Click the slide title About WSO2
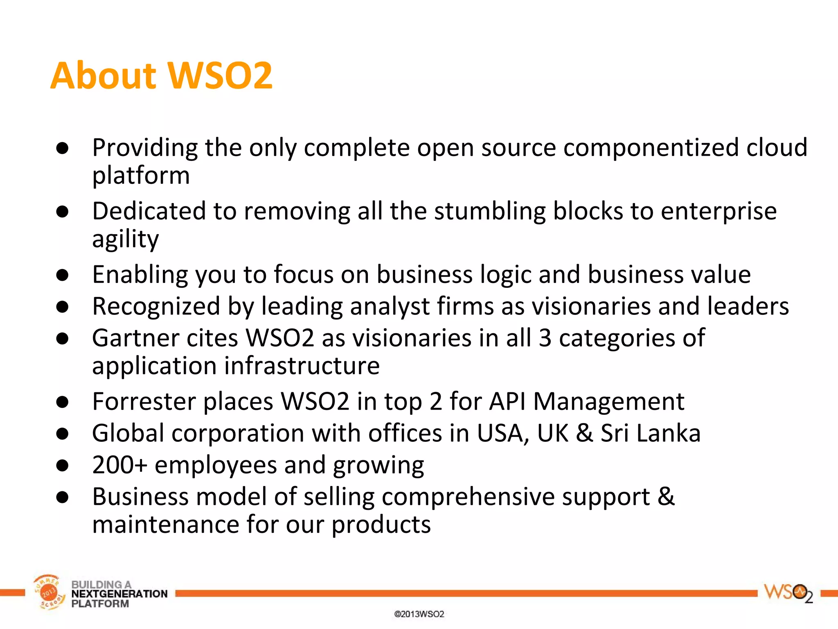point(161,75)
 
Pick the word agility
point(125,239)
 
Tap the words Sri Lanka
point(651,433)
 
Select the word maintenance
point(166,525)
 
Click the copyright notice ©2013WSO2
point(419,614)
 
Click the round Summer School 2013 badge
point(49,592)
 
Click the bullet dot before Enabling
point(62,275)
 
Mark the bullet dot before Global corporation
point(62,434)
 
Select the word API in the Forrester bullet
point(507,401)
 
